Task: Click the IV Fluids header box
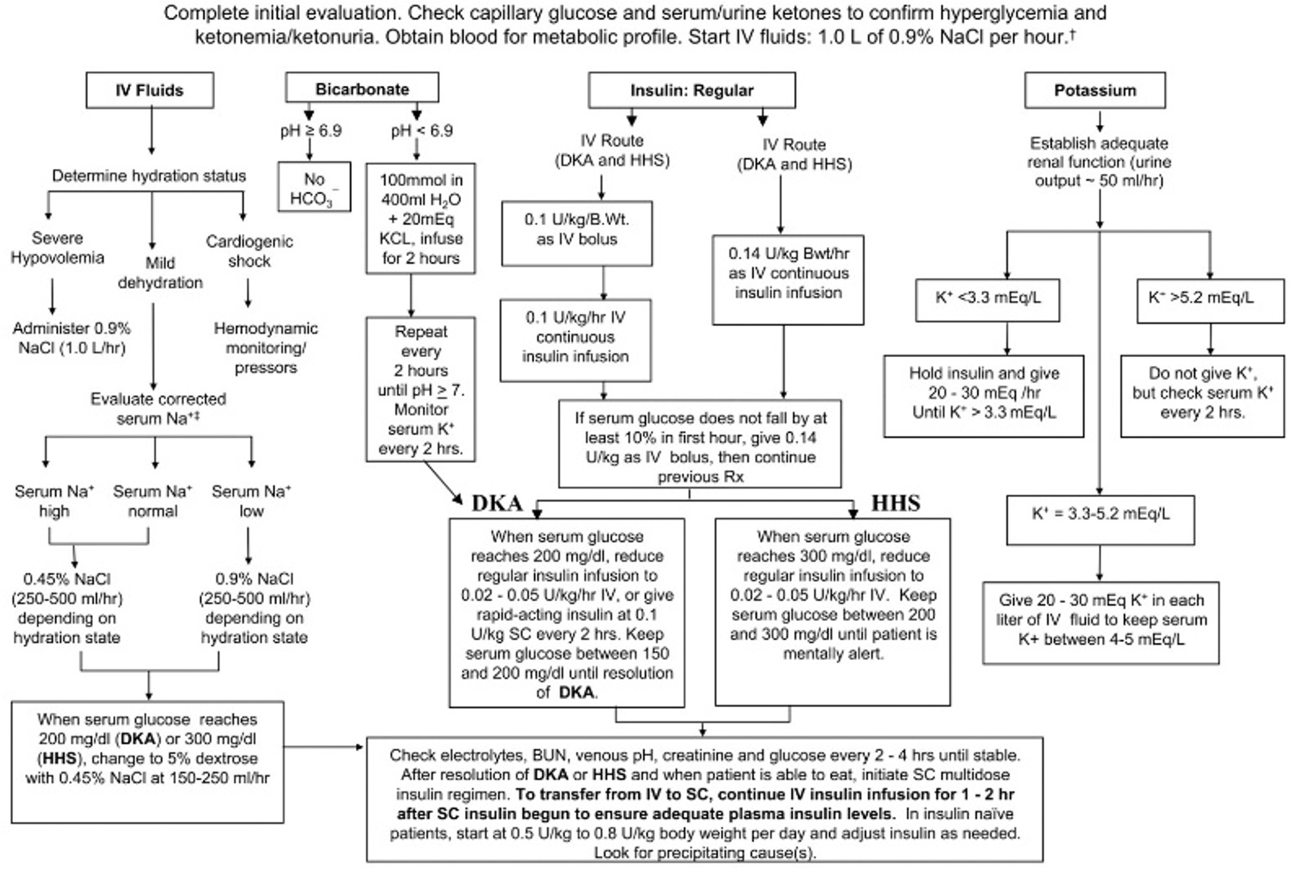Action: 150,90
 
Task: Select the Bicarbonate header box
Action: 362,89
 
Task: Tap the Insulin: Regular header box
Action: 692,90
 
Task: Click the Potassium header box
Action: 1095,90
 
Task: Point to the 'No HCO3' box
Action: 314,188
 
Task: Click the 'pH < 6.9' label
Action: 421,131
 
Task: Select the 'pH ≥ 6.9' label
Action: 311,131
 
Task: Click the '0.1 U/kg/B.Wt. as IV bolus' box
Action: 577,232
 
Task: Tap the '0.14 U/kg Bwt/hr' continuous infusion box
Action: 788,279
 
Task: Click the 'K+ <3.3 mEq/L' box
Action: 987,300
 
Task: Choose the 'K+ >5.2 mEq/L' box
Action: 1210,300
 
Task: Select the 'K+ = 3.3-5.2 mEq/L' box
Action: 1100,519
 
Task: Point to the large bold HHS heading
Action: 895,503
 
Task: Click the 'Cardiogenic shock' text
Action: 249,251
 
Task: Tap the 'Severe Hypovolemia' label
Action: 57,248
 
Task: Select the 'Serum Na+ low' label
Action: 251,501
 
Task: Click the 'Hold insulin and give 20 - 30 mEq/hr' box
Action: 983,395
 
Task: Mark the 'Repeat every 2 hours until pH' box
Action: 420,389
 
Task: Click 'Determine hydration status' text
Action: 149,176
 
